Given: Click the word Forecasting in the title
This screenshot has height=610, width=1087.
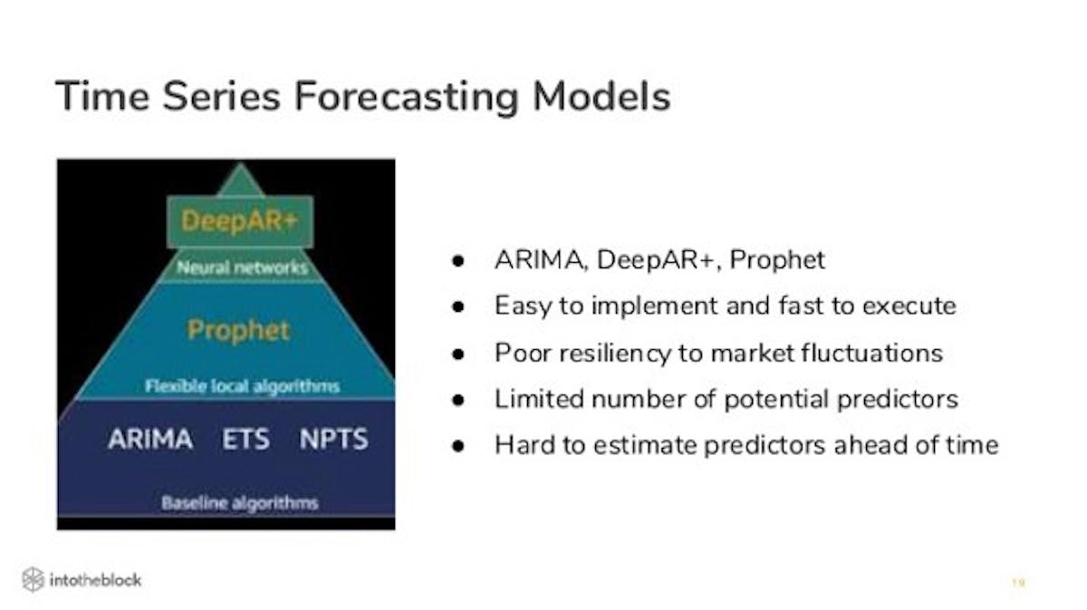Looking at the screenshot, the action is pos(406,97).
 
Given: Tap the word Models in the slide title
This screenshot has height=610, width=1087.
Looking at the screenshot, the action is pos(601,96).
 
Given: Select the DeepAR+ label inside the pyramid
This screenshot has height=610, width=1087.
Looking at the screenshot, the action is pos(239,221).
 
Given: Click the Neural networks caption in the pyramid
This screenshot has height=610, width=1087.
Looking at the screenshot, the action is pos(242,267).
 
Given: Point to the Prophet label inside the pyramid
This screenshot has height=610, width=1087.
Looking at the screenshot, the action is pos(238,331).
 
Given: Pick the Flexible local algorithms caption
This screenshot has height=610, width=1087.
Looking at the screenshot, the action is pos(242,387).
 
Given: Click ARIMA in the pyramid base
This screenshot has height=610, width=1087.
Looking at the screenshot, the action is pos(150,439).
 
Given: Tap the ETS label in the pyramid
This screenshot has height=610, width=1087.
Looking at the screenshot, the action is pos(245,439).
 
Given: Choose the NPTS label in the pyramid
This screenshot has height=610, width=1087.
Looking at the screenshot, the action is pos(333,439).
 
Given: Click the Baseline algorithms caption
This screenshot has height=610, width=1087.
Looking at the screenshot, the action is pos(240,503).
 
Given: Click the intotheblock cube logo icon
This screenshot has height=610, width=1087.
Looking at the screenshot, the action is pos(33,579).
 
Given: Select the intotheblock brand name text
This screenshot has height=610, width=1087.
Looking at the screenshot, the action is pos(96,580).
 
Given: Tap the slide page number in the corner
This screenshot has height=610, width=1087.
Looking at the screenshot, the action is pos(1018,582).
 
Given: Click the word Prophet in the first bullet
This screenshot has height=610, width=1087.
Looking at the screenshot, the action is pos(777,260).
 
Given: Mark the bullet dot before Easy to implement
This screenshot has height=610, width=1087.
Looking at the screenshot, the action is pos(458,307).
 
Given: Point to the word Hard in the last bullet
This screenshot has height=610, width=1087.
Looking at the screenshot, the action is pos(524,445).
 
